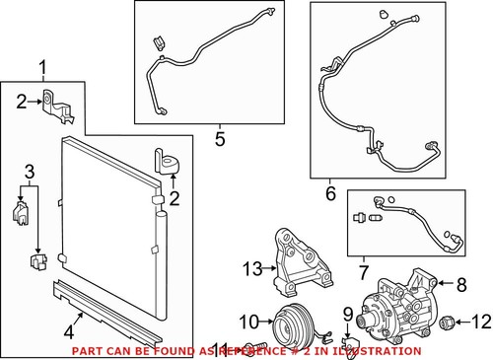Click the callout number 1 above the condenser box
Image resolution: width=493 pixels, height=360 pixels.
pyautogui.click(x=42, y=67)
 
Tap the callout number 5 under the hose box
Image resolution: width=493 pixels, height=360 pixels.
pyautogui.click(x=221, y=138)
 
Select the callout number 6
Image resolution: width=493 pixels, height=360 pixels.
pyautogui.click(x=330, y=194)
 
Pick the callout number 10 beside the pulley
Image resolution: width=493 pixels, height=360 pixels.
pyautogui.click(x=250, y=320)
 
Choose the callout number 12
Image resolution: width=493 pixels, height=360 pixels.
pyautogui.click(x=480, y=320)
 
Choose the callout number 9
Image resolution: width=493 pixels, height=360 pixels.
pyautogui.click(x=347, y=314)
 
